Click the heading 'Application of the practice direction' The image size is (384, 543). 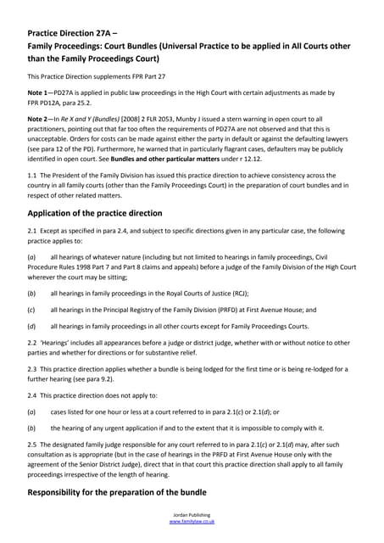pos(113,212)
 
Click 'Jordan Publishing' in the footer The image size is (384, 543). pos(192,515)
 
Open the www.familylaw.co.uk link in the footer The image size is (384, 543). pos(192,522)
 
